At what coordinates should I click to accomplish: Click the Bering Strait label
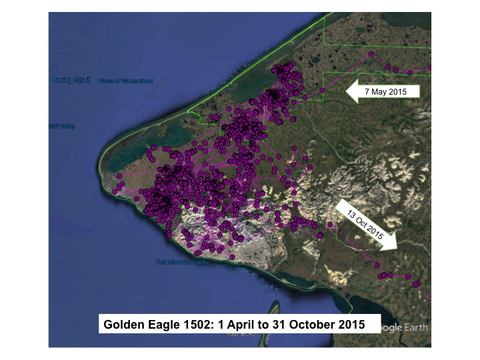pyautogui.click(x=70, y=80)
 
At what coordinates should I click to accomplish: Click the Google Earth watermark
pyautogui.click(x=403, y=327)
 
